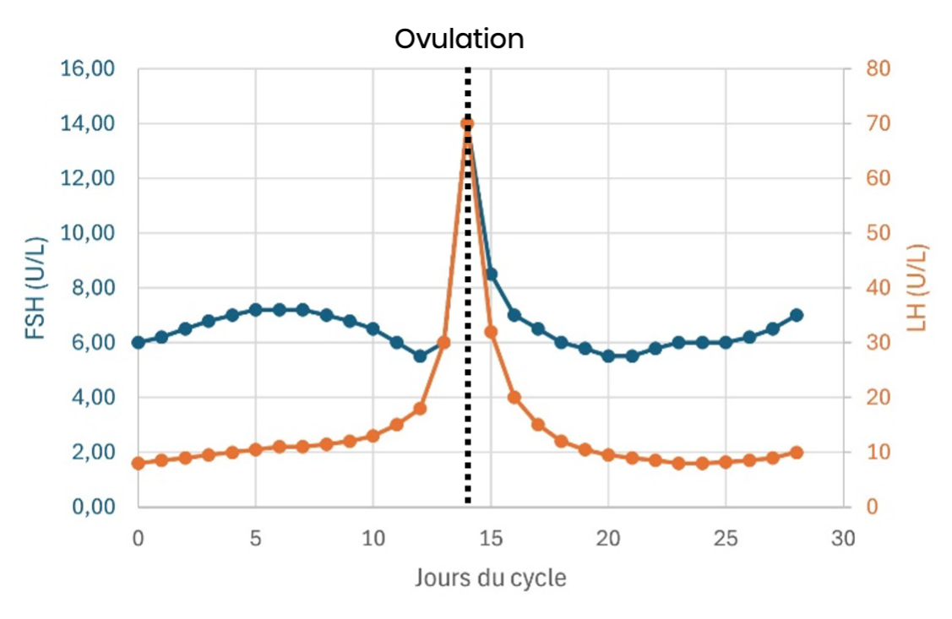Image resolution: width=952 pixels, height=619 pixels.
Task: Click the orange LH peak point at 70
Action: click(467, 123)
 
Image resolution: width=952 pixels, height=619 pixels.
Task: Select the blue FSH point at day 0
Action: click(139, 342)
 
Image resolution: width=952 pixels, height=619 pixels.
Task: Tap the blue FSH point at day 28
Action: click(796, 315)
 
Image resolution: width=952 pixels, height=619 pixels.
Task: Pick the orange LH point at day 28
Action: click(796, 452)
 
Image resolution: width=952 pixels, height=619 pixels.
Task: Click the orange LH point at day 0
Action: click(139, 463)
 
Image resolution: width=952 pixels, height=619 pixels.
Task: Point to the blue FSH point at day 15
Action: click(491, 274)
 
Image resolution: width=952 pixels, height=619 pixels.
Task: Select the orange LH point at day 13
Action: click(443, 342)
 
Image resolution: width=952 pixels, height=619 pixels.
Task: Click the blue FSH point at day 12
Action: click(420, 356)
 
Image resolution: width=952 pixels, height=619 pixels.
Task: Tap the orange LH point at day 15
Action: click(491, 332)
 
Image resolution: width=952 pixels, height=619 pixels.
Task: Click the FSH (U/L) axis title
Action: click(35, 288)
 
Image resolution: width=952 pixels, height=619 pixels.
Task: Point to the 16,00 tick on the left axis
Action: click(88, 68)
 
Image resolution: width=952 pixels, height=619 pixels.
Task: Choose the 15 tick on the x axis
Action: click(491, 538)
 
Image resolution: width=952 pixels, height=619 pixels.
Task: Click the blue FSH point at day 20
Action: click(608, 356)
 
